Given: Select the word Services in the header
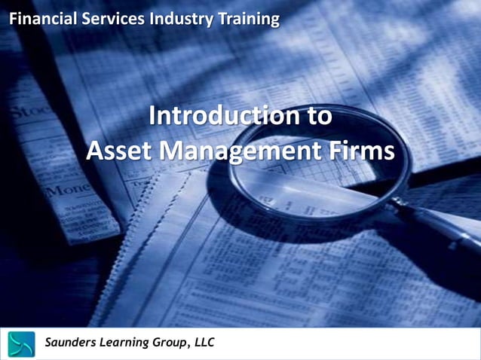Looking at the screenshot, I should click(108, 18).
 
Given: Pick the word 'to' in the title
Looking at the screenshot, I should click(317, 117).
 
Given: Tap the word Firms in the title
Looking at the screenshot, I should click(363, 151).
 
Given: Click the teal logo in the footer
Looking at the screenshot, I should click(22, 343).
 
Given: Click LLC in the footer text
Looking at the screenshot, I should click(205, 343).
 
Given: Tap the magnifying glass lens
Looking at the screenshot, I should click(317, 166).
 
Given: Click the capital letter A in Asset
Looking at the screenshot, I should click(97, 151).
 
